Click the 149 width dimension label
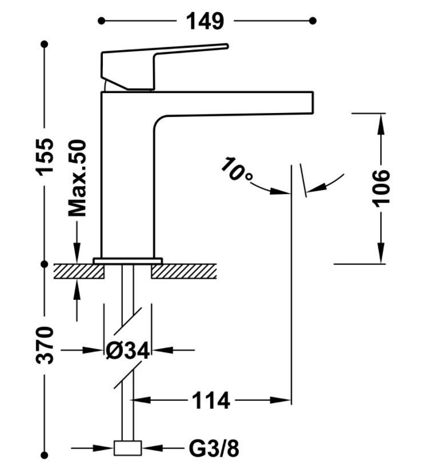click(205, 21)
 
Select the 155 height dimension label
click(45, 156)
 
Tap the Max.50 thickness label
click(77, 178)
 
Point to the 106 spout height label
click(380, 188)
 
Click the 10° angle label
click(236, 169)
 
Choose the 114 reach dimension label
click(211, 400)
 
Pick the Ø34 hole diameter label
click(128, 351)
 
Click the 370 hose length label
click(45, 345)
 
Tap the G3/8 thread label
click(214, 448)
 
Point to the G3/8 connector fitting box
click(127, 448)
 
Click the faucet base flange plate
click(127, 261)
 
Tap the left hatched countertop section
click(79, 271)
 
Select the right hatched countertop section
click(184, 271)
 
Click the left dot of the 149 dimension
click(102, 21)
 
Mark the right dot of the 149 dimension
click(313, 21)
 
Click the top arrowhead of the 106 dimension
click(381, 123)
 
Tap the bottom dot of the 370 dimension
click(45, 455)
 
